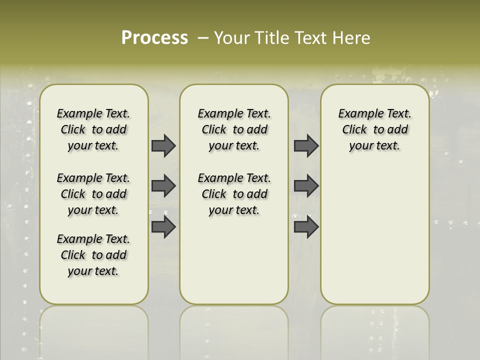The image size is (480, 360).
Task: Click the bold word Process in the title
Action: pos(154,38)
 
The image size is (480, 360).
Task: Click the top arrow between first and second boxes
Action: pos(163,145)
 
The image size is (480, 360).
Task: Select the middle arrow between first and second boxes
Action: pos(163,186)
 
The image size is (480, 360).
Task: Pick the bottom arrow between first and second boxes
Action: pos(163,227)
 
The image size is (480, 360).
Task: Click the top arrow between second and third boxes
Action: pos(306,145)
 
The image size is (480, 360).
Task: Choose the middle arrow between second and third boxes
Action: pos(306,186)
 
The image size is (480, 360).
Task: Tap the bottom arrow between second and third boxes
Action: pos(306,227)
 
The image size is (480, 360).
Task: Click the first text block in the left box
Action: pos(93,129)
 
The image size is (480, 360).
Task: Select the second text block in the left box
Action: pos(93,194)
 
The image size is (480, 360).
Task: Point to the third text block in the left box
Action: pos(93,255)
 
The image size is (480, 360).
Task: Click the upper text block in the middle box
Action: pos(234,129)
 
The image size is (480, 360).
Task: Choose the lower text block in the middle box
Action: pos(234,194)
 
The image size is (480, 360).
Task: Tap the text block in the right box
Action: pos(374,129)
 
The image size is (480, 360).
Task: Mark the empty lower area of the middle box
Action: pos(234,260)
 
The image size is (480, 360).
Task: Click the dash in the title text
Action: pos(203,38)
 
